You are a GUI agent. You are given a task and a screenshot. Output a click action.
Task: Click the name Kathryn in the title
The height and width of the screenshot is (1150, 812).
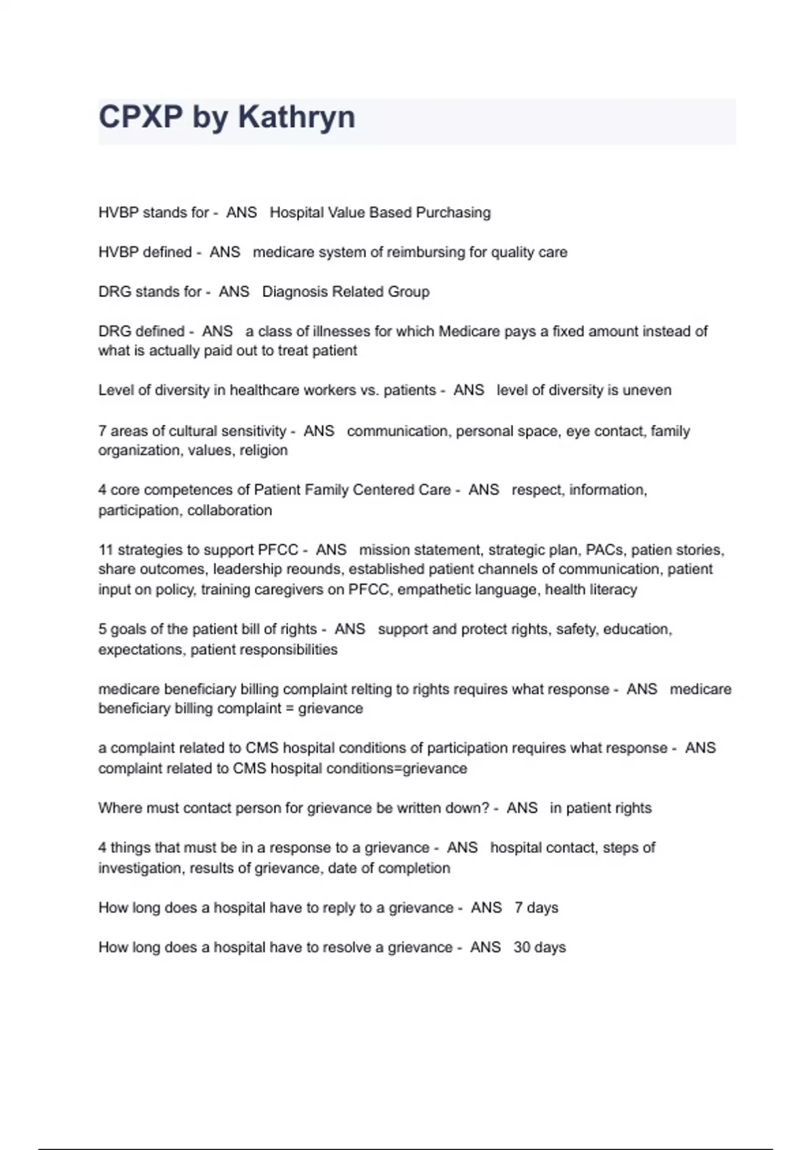tap(296, 117)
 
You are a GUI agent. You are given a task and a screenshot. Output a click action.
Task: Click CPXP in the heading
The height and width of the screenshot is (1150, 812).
tap(140, 117)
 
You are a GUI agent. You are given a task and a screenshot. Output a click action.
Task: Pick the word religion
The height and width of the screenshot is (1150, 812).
tap(263, 451)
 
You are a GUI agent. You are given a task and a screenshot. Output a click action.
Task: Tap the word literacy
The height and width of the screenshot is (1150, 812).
tap(612, 590)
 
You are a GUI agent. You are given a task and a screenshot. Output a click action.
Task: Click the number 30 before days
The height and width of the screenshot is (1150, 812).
tap(522, 948)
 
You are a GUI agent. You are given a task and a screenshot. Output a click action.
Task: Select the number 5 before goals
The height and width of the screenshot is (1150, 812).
tap(102, 630)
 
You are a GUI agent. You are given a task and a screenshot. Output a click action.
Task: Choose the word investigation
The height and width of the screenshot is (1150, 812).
tap(139, 869)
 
